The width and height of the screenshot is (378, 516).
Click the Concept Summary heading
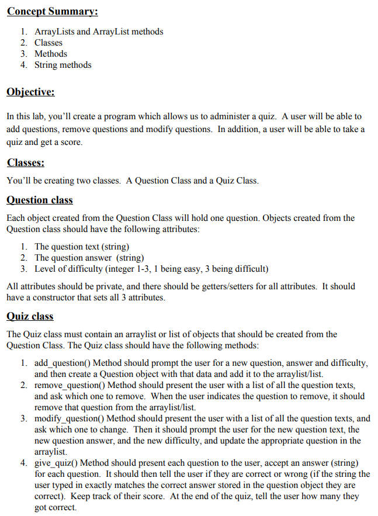tap(52, 12)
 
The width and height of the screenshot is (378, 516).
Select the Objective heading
tap(30, 92)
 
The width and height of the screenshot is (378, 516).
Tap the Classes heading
tap(26, 162)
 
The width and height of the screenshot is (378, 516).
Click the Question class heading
tap(39, 200)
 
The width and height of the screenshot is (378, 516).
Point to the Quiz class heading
tap(30, 316)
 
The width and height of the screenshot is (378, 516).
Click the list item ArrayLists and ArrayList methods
tap(99, 32)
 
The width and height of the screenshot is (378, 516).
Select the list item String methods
tap(63, 65)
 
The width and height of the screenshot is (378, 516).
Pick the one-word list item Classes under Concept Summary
tap(48, 43)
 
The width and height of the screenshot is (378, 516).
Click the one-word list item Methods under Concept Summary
tap(51, 54)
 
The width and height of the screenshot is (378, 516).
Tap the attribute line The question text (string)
tap(82, 247)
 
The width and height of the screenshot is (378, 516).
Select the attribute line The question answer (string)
tap(89, 258)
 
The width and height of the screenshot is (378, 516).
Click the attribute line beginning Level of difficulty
tap(151, 269)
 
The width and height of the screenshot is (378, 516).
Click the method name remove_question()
tap(70, 385)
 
